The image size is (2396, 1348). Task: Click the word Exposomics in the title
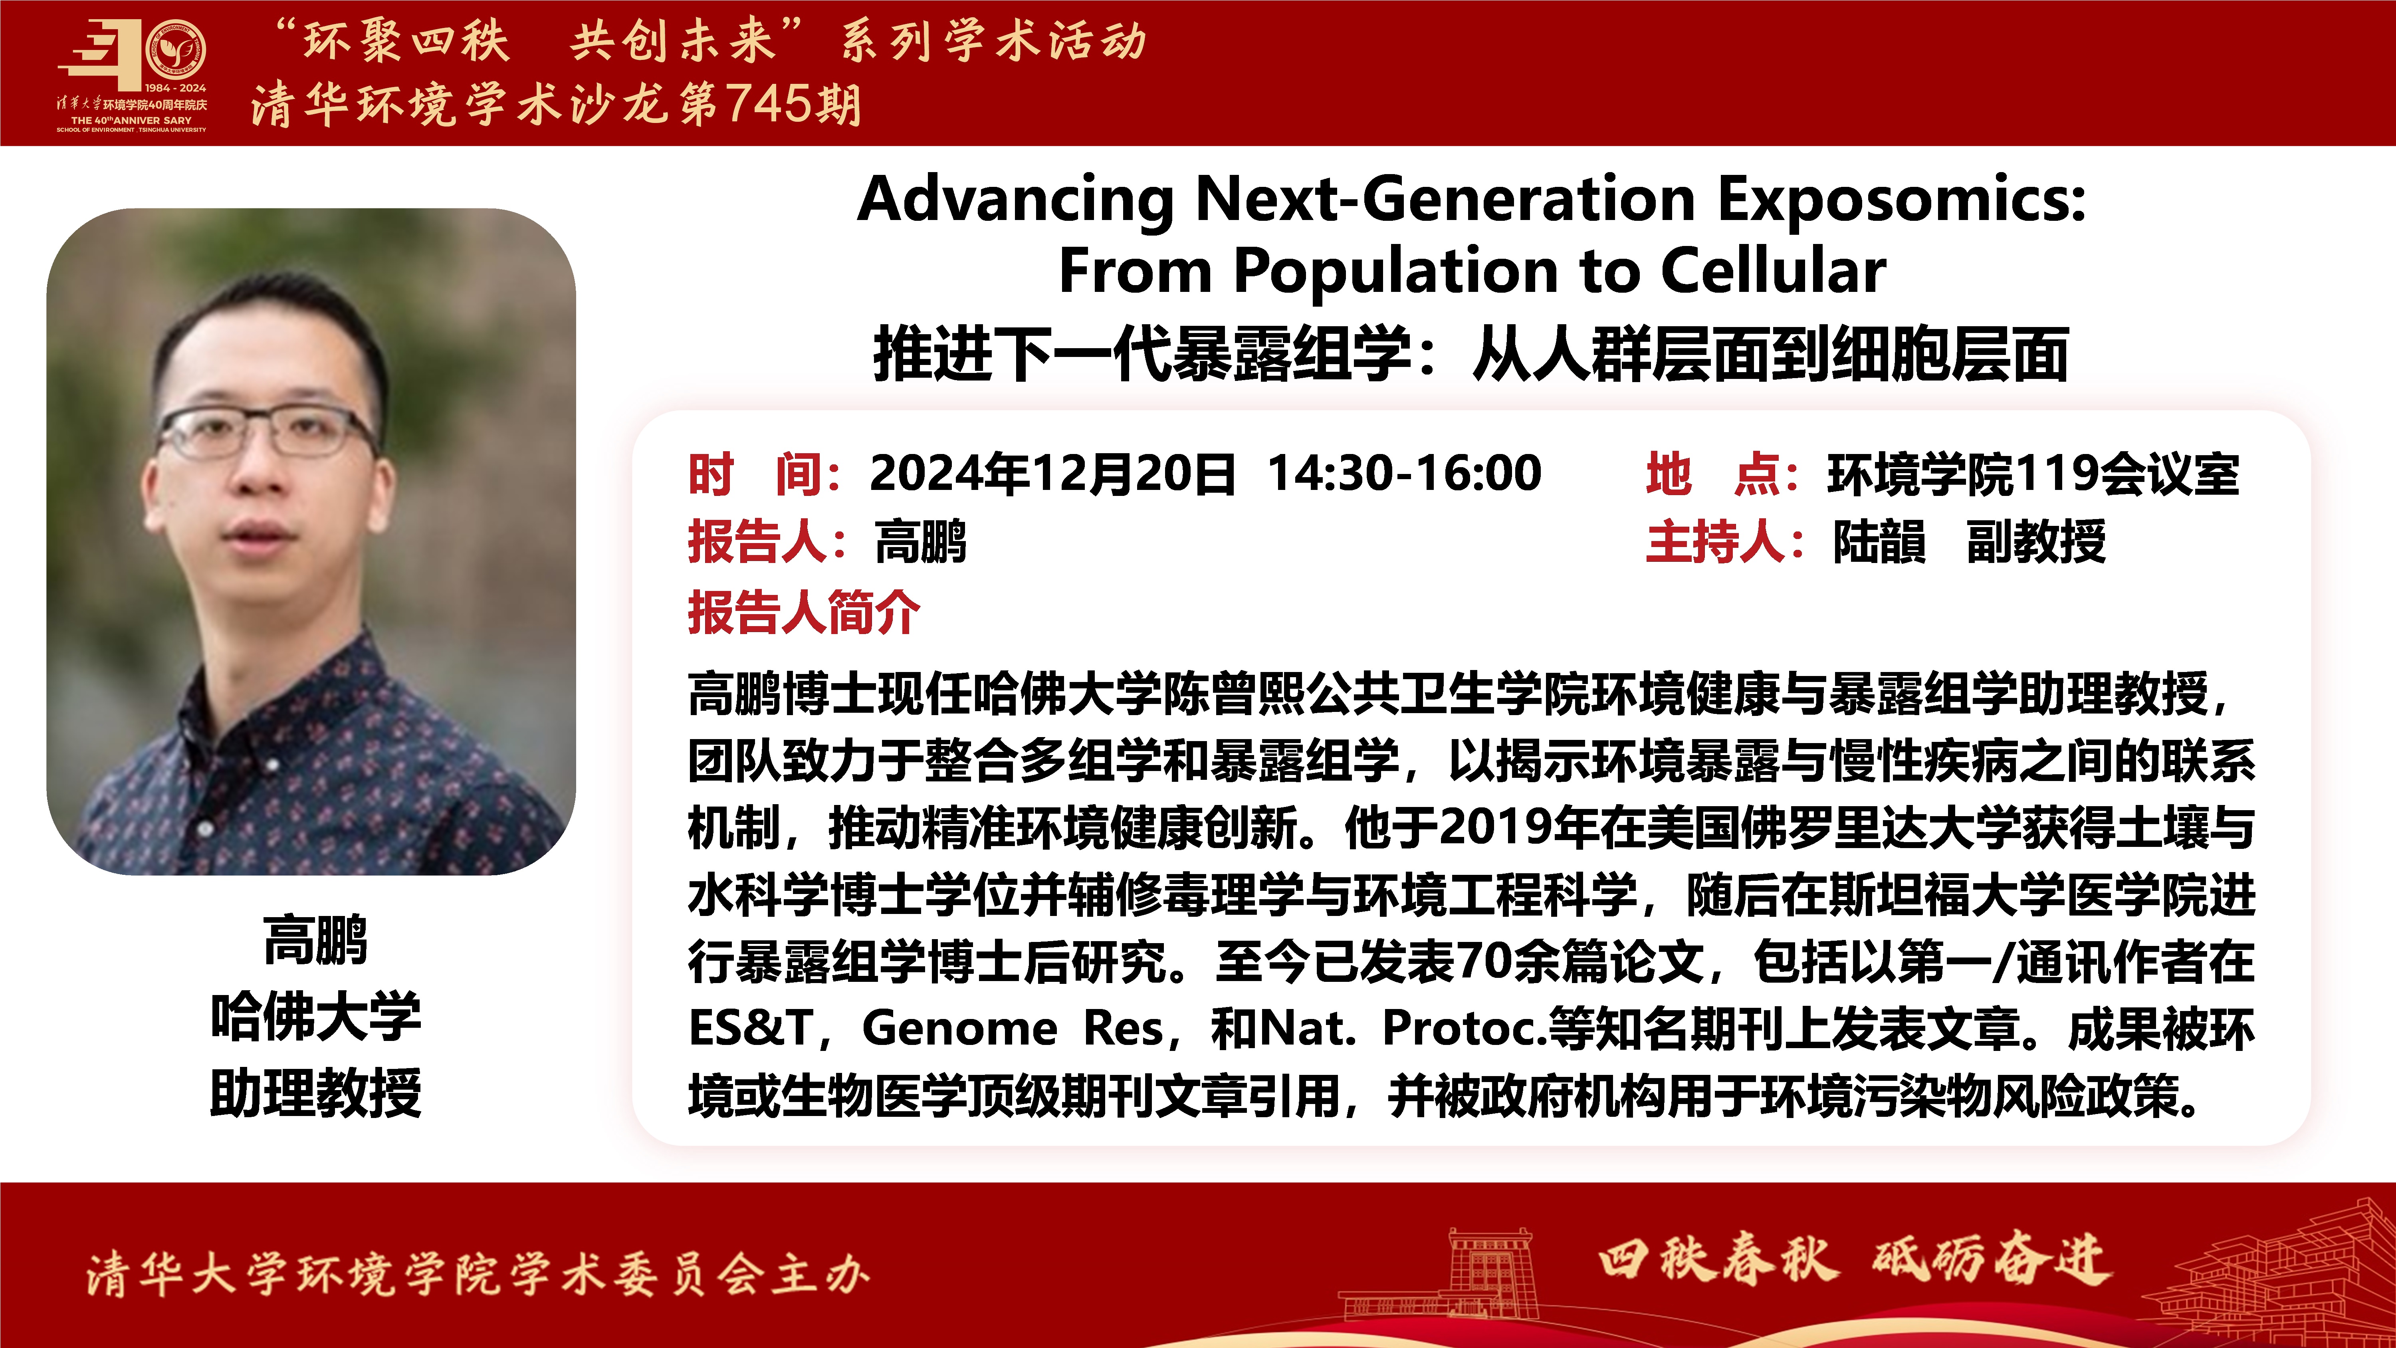click(x=1902, y=200)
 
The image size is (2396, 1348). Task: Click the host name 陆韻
click(x=1879, y=541)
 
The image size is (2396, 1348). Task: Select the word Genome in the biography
click(x=960, y=1028)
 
